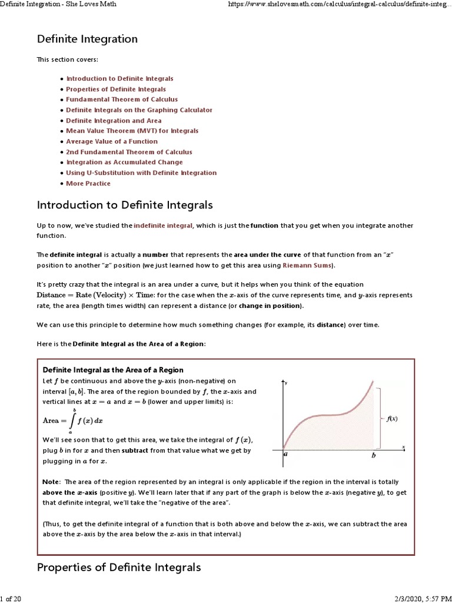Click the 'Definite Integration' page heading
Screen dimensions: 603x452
coord(87,39)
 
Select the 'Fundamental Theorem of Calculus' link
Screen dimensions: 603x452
coord(122,100)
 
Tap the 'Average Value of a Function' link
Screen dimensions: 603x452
coord(112,141)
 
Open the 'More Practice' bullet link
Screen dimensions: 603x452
coord(88,183)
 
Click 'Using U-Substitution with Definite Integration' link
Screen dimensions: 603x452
coord(141,173)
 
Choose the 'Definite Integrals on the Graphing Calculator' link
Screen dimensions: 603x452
coord(139,110)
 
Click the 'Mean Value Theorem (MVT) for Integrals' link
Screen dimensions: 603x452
coord(132,131)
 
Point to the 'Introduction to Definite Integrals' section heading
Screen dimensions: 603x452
coord(125,206)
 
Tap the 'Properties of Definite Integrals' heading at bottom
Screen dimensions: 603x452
coord(119,568)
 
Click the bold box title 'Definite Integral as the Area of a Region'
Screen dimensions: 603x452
coord(113,370)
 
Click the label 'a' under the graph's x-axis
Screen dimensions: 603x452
coord(285,455)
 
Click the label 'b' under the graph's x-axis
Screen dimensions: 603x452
coord(373,455)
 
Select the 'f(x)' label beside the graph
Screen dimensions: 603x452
coord(392,419)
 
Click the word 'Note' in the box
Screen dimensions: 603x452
coord(51,482)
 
